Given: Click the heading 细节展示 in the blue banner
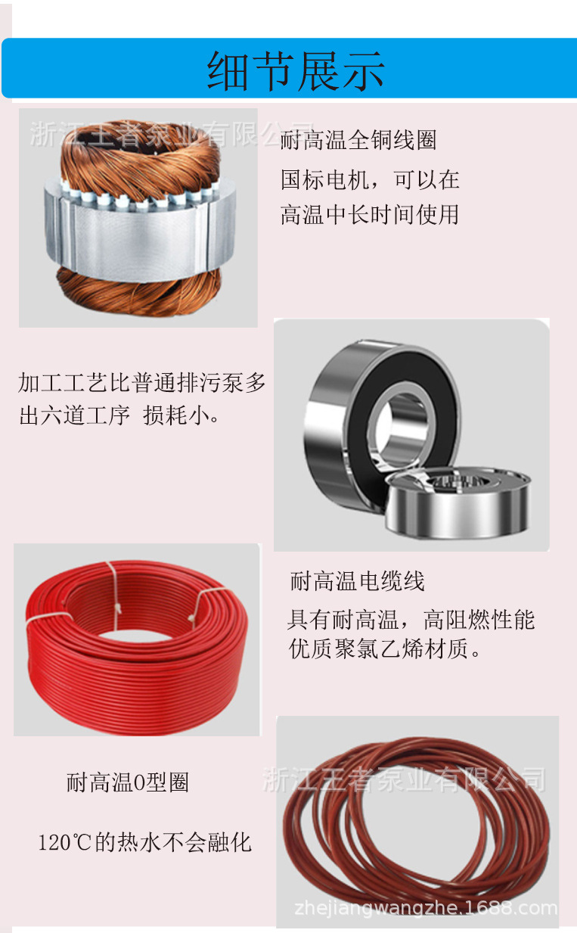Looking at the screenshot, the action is point(296,71).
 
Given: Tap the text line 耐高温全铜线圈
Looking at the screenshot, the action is point(358,139).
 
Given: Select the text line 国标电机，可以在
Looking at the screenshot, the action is point(370,179).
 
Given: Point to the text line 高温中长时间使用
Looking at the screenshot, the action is point(370,215).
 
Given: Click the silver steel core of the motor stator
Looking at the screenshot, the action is point(141,235).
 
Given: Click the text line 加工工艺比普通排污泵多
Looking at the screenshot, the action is point(141,382).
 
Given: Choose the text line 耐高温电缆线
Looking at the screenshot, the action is point(357,581).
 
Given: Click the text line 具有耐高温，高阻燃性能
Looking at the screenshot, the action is point(411,620).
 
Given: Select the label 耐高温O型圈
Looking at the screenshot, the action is point(128,782).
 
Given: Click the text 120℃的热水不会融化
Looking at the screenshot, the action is point(145,842).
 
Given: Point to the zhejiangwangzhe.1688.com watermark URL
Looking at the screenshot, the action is point(426,908).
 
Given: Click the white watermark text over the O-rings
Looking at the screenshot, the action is point(404,779).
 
